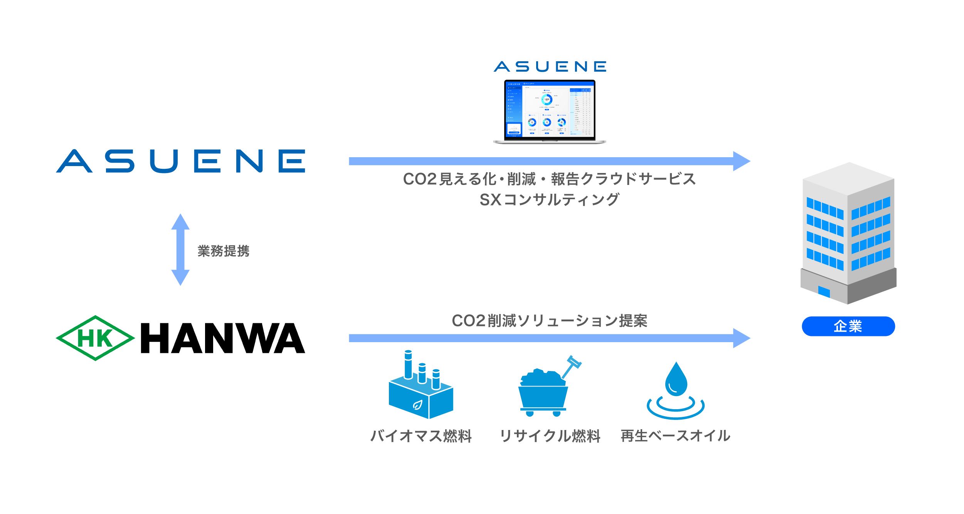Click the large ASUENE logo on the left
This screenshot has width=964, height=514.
pos(180,161)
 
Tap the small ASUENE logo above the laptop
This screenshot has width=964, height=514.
pos(550,67)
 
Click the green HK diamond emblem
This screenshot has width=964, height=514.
pos(95,338)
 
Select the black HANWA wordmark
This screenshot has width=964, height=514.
pos(223,338)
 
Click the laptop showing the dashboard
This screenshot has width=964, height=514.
pos(550,112)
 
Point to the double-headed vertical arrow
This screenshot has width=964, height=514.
pos(180,250)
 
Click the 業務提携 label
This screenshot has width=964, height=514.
pos(224,251)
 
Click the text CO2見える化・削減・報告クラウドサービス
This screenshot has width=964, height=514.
pos(549,179)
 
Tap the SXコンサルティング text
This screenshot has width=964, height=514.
pos(549,200)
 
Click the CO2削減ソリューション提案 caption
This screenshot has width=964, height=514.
pos(549,321)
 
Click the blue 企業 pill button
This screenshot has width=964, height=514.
pos(848,326)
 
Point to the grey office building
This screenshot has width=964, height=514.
pos(848,233)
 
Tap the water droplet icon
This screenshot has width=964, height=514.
pos(676,391)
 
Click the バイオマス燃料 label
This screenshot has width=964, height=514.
pos(421,436)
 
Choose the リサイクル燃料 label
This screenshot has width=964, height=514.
pos(550,436)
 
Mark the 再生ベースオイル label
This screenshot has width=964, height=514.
pos(675,436)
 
